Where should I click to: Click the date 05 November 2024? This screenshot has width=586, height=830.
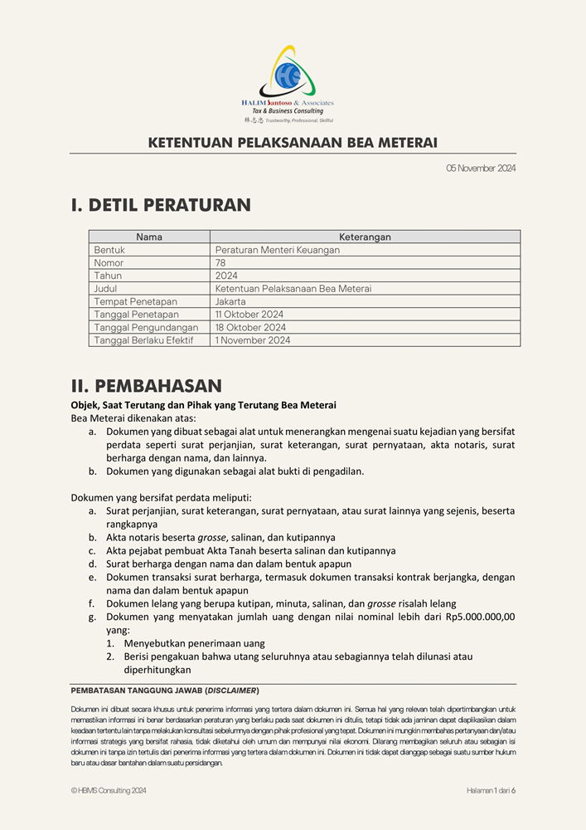pyautogui.click(x=481, y=168)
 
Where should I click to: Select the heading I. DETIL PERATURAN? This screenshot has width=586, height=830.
pyautogui.click(x=161, y=205)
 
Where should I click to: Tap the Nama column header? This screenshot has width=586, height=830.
pyautogui.click(x=149, y=237)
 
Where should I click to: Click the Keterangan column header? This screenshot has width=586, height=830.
pyautogui.click(x=365, y=237)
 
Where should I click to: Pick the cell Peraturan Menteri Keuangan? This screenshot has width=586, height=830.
pyautogui.click(x=277, y=250)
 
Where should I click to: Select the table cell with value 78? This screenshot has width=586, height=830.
pyautogui.click(x=220, y=263)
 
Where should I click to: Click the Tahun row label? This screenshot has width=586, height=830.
pyautogui.click(x=108, y=276)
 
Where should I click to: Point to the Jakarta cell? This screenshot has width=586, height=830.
pyautogui.click(x=230, y=302)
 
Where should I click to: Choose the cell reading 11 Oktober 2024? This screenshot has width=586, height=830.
pyautogui.click(x=249, y=315)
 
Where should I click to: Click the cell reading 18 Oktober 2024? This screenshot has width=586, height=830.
pyautogui.click(x=250, y=328)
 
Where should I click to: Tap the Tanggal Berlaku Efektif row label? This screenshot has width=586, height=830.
pyautogui.click(x=143, y=340)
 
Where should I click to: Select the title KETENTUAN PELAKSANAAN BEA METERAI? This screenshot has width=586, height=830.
pyautogui.click(x=293, y=143)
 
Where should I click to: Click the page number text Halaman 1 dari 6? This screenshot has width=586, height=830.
pyautogui.click(x=491, y=791)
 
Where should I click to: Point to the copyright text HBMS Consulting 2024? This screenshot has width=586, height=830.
pyautogui.click(x=112, y=791)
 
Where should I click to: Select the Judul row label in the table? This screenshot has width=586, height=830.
pyautogui.click(x=105, y=289)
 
